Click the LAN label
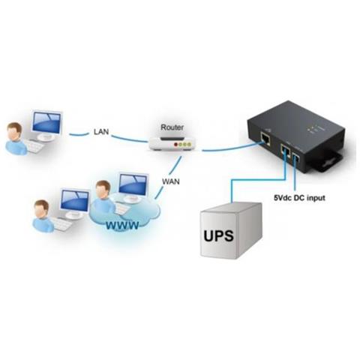[102, 131]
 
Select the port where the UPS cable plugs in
[283, 152]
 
